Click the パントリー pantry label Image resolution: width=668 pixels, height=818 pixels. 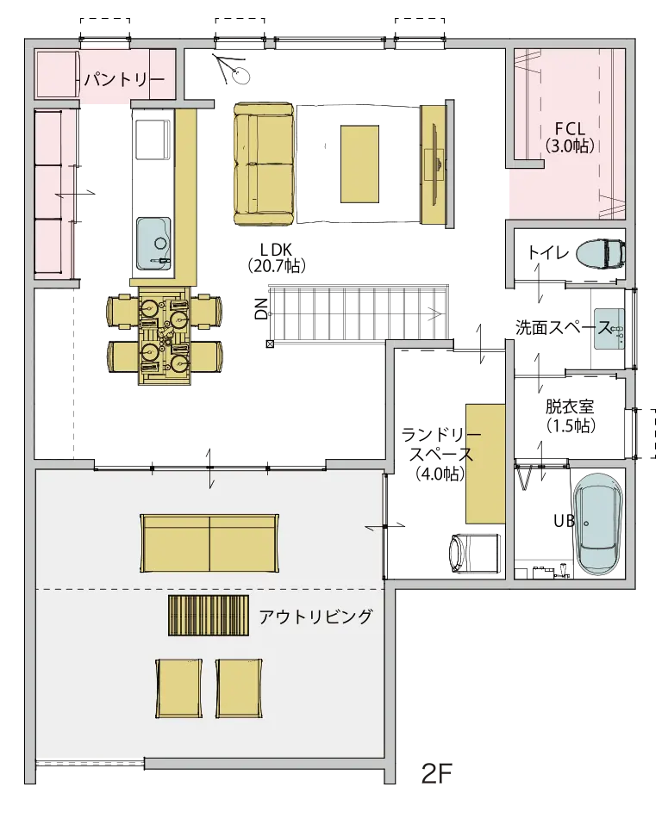click(124, 80)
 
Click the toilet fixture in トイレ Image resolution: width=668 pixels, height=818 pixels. click(600, 254)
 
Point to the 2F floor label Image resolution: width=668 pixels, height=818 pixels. click(436, 774)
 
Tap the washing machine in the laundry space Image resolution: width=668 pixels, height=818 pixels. click(473, 553)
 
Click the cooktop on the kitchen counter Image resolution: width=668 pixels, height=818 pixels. click(153, 139)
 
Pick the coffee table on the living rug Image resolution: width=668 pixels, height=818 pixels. click(359, 164)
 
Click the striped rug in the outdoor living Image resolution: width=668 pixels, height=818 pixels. click(209, 615)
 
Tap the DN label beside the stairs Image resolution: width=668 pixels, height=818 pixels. click(262, 309)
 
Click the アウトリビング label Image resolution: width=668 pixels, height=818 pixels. click(316, 617)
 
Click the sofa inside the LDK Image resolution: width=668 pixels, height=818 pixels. click(265, 164)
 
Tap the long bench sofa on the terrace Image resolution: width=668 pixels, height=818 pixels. click(209, 542)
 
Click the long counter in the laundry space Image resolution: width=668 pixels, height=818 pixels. click(485, 463)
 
